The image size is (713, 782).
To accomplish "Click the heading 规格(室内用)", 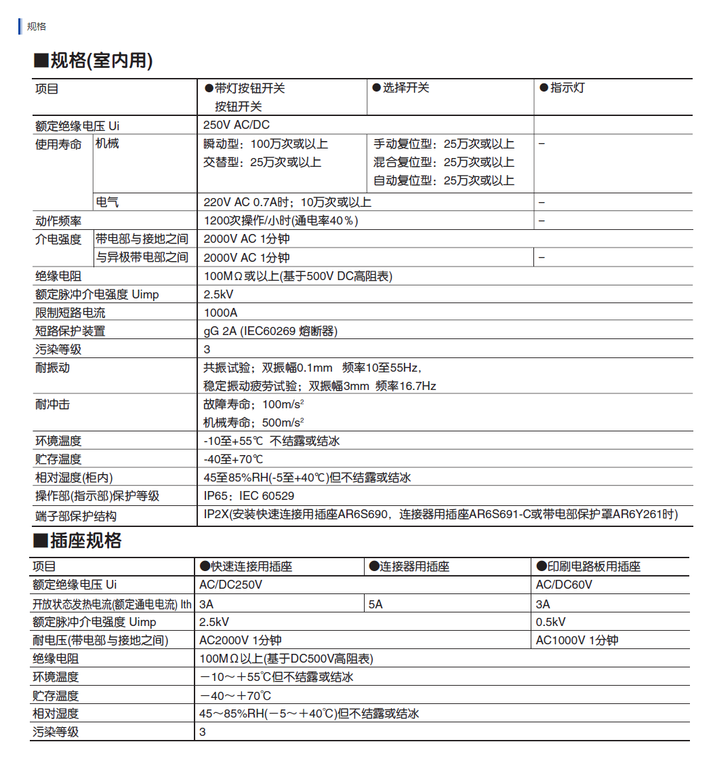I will pos(94,61).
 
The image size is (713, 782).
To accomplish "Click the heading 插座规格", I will pos(78,541).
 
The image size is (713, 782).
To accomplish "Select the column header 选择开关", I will pos(401,88).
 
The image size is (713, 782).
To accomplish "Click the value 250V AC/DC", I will pos(237,125).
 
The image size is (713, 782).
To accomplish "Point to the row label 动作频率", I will pos(58,221).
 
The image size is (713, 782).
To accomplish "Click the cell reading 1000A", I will pos(221,313).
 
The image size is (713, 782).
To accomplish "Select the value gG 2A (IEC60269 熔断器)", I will pos(270,331).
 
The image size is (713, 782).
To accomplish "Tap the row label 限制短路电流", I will pos(70,313).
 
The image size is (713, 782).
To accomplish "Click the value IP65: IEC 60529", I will pos(249,496).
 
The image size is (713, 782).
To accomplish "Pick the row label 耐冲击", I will pos(52,404).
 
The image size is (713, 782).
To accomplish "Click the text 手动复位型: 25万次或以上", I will pos(444,144).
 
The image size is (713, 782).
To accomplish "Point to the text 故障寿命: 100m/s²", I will pos(253,404).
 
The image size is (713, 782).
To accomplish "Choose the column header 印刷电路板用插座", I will pos(588,566).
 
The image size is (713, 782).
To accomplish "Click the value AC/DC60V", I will pos(564,585).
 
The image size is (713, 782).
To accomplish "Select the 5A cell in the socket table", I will pos(375,604).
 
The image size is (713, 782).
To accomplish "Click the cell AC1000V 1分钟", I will pos(577,640).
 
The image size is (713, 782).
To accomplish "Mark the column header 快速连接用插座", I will pos(245,566).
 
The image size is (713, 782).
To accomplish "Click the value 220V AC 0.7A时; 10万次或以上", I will pos(287,202).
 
